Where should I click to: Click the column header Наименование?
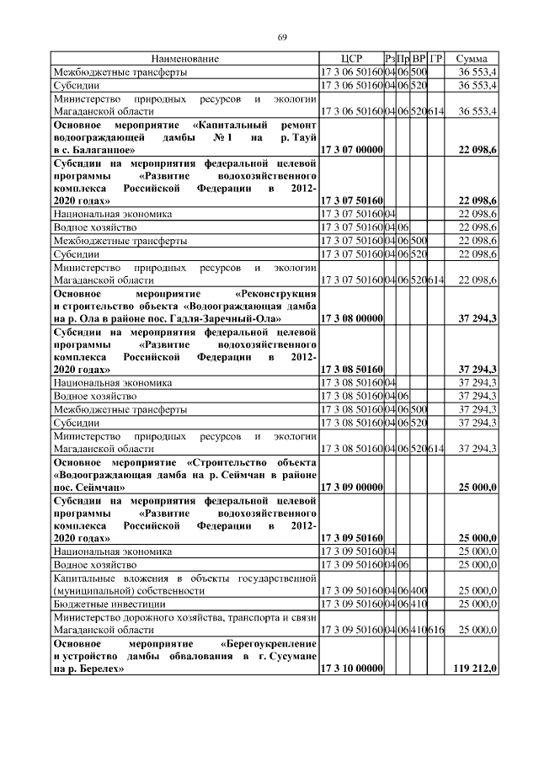(185, 59)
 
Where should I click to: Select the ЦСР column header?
(351, 59)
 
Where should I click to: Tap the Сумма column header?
(472, 59)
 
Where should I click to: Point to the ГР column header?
(436, 59)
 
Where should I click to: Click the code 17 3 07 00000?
(351, 149)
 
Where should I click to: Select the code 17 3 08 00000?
(351, 318)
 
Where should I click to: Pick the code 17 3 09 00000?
(351, 487)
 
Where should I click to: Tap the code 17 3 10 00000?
(351, 669)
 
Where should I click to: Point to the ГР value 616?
(436, 630)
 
